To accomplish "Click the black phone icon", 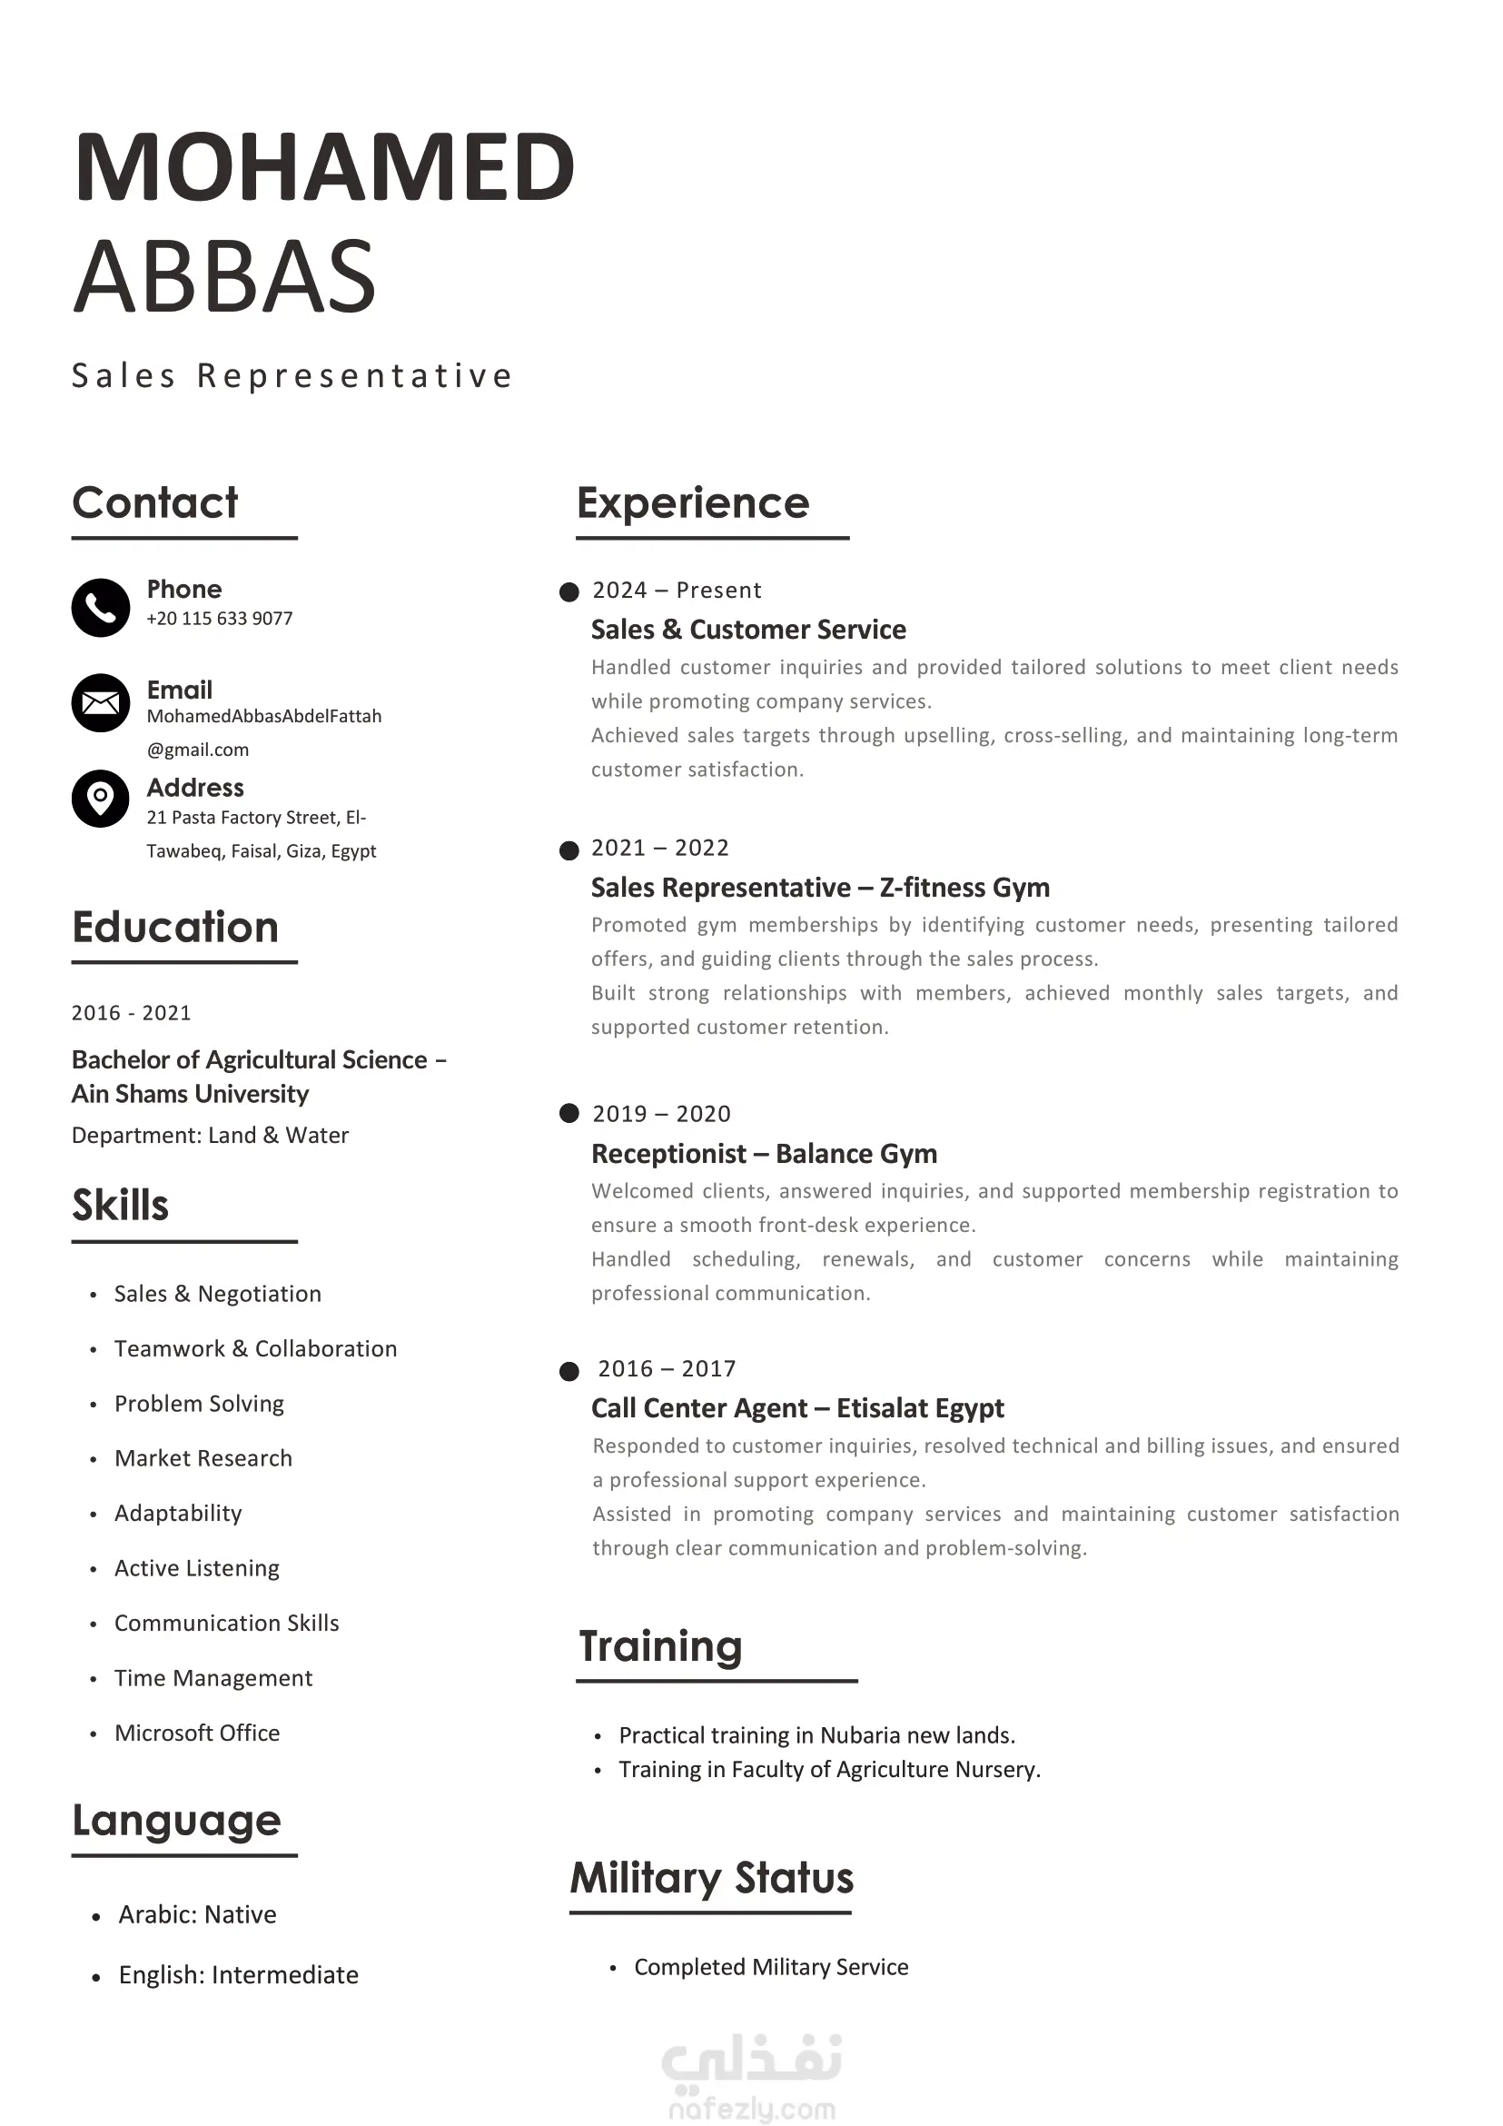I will [x=100, y=608].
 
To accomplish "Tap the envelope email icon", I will [x=100, y=703].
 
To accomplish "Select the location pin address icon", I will [x=100, y=799].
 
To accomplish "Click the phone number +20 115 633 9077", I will [x=220, y=619].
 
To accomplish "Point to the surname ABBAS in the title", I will [x=224, y=276].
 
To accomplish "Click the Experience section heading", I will [x=692, y=502].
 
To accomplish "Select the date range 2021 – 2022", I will [x=660, y=849].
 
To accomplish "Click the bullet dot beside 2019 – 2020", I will [x=569, y=1113].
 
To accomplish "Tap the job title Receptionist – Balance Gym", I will [x=764, y=1154].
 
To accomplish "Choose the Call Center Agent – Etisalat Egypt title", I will [x=796, y=1408].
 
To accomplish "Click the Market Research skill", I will [x=203, y=1458].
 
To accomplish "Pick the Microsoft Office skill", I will [x=197, y=1733].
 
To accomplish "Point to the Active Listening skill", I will [x=197, y=1567].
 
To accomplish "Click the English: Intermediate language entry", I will [x=238, y=1975].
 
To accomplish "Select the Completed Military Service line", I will [x=771, y=1967].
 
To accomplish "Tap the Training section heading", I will [x=660, y=1646].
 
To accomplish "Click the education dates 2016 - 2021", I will [x=132, y=1013].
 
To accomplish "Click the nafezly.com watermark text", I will [x=752, y=2110].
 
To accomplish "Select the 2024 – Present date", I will [x=677, y=591].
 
